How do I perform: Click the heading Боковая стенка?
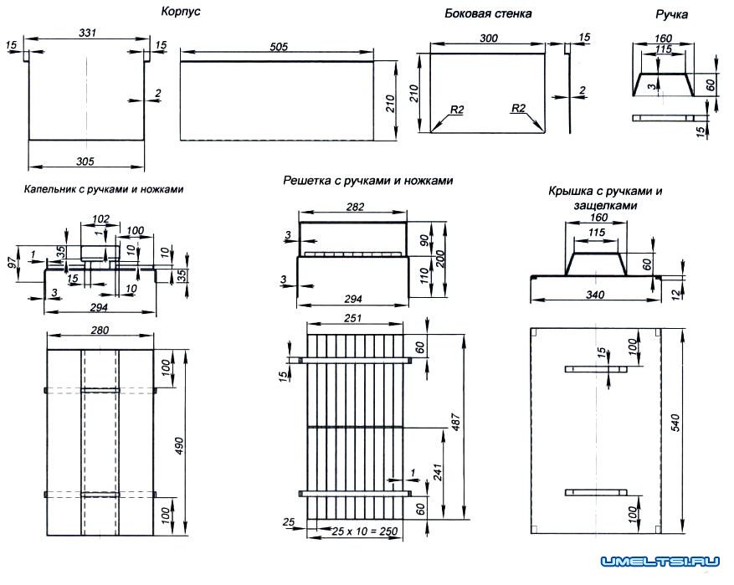tap(488, 14)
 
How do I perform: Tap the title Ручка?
tap(672, 15)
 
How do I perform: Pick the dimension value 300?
tap(489, 38)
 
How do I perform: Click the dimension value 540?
tap(691, 424)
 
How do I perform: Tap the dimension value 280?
tap(100, 332)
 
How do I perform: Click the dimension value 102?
tap(100, 218)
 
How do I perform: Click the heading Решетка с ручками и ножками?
tap(368, 180)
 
